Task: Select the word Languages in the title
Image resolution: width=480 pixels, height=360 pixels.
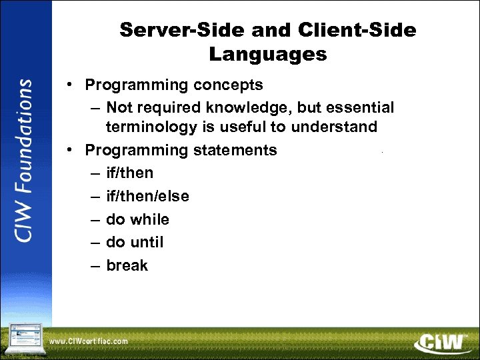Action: click(268, 54)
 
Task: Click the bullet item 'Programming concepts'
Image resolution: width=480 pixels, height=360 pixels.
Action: click(173, 85)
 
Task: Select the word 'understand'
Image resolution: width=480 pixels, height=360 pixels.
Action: click(339, 127)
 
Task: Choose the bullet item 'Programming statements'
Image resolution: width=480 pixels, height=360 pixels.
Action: click(181, 150)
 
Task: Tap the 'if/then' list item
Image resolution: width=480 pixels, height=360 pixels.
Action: click(129, 173)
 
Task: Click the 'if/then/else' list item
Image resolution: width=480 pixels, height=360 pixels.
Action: click(147, 196)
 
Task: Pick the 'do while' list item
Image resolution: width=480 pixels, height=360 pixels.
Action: click(137, 219)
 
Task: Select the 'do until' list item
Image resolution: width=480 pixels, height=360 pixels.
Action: click(135, 242)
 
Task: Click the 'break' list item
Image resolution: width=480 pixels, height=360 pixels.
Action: click(127, 265)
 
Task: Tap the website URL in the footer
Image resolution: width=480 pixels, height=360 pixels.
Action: click(88, 341)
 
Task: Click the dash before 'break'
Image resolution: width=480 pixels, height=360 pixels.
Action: click(95, 266)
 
